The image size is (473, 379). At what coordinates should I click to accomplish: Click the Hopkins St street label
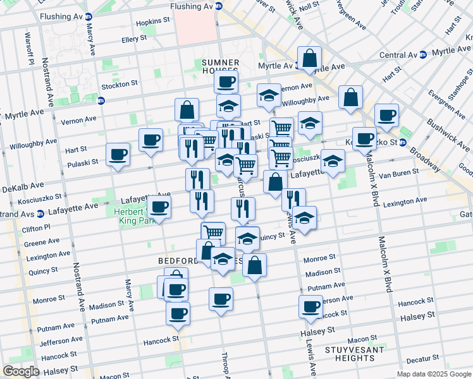(154, 21)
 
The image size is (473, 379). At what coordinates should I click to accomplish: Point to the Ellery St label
(133, 39)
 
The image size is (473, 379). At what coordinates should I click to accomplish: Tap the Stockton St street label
(120, 83)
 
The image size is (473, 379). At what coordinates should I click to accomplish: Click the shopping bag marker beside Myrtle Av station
(309, 58)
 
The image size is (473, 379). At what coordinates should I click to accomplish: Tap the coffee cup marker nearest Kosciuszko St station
(364, 138)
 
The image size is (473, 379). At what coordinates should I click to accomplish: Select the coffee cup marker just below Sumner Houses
(226, 80)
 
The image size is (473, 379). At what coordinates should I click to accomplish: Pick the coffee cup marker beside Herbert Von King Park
(159, 206)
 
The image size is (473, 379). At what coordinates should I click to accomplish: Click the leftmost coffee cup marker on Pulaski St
(118, 154)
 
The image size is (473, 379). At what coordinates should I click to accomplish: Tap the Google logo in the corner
(21, 371)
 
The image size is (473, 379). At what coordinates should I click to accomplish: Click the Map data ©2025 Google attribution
(434, 374)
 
